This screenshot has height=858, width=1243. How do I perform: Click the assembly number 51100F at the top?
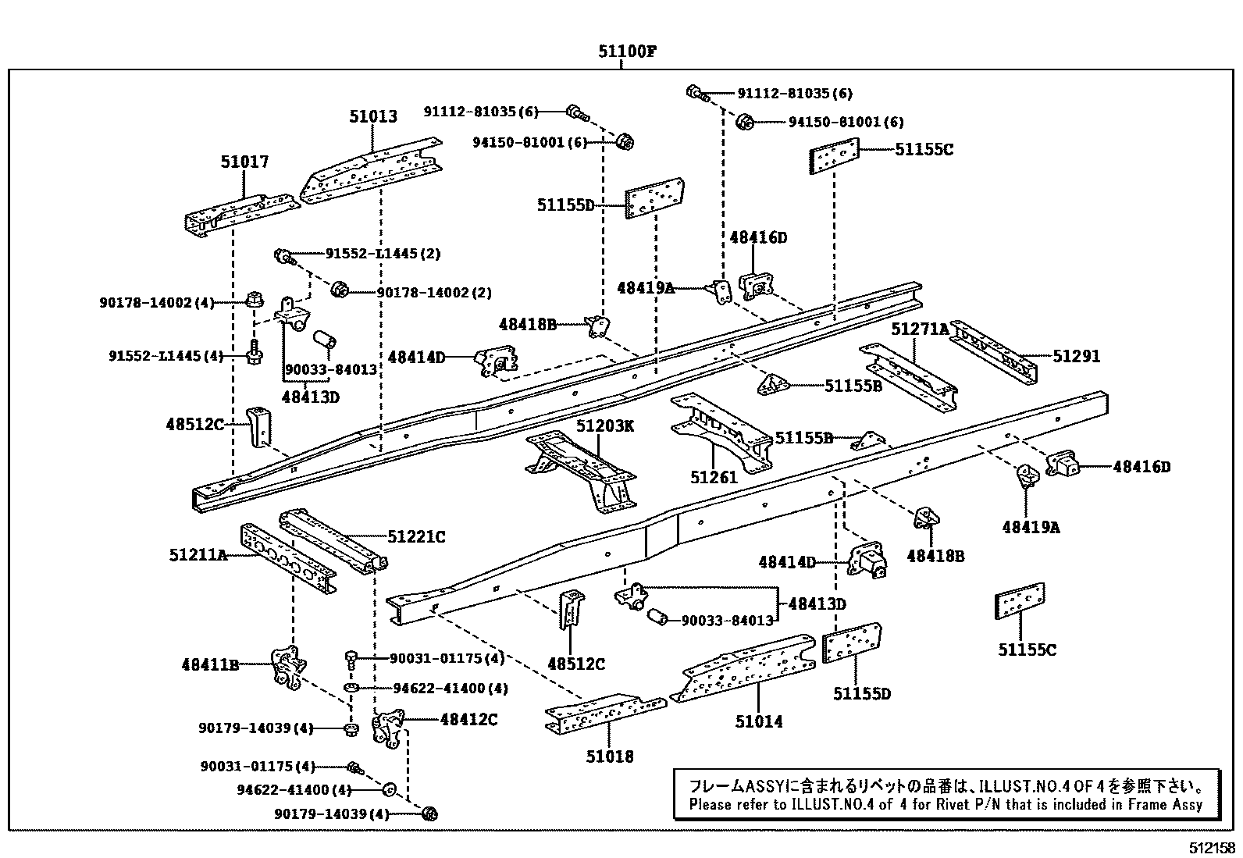coord(627,52)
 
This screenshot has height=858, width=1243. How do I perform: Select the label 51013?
coord(373,116)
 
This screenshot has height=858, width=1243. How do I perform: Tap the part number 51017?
coord(244,162)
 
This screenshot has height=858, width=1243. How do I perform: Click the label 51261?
coord(714,476)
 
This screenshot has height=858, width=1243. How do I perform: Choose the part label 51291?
coord(1076,356)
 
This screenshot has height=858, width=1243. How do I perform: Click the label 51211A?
coord(198,555)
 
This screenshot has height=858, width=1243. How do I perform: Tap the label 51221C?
coord(416,536)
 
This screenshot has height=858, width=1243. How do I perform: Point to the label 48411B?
coord(210,664)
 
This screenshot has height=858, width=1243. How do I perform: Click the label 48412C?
coord(468,719)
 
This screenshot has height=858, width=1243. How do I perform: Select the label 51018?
coord(610,756)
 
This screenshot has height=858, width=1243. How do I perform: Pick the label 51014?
coord(758,721)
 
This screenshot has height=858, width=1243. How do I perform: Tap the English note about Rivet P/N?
coord(945,804)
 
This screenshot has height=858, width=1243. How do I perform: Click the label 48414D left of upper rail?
coord(416,357)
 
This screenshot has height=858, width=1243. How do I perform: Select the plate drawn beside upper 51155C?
coord(833,156)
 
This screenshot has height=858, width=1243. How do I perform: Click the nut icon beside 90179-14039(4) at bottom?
coord(429,814)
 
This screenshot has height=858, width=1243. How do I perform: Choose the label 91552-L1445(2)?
coord(383,254)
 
